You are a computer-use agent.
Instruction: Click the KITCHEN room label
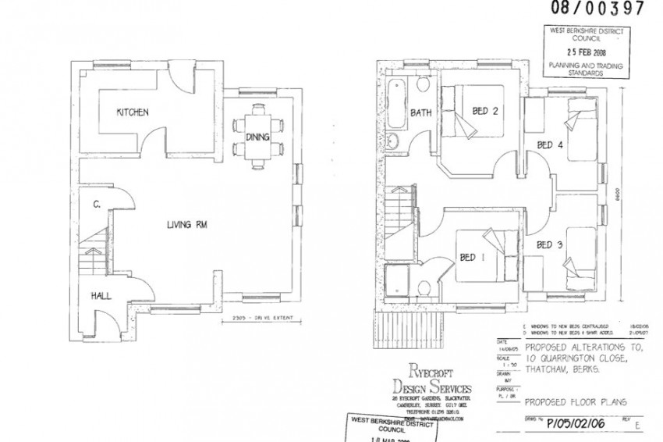132,112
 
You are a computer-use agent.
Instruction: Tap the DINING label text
257,137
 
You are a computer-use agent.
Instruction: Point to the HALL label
101,296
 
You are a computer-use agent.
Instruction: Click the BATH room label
421,113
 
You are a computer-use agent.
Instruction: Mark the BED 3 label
549,245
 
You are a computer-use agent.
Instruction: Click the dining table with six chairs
257,137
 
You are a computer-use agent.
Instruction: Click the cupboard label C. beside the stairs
95,205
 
